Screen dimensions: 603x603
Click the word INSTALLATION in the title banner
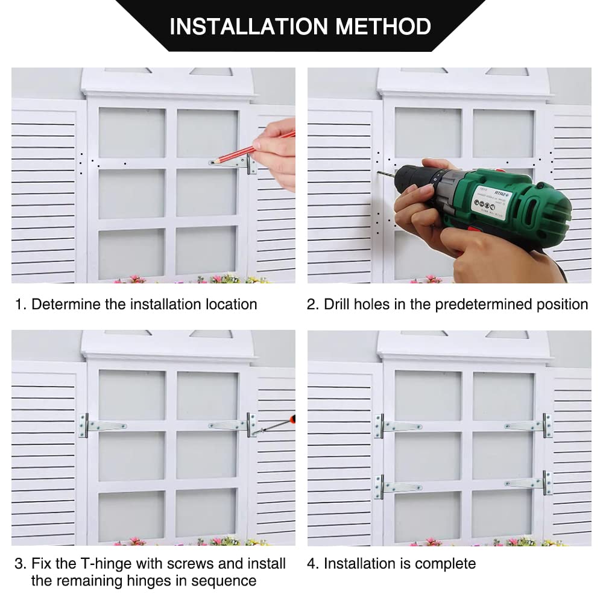[x=249, y=26]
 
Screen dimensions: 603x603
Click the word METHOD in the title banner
[x=383, y=26]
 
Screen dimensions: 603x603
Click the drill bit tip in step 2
[x=378, y=172]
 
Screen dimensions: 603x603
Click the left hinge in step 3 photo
[x=103, y=425]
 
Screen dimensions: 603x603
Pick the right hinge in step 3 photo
[x=233, y=425]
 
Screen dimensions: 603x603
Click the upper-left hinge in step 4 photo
[x=399, y=426]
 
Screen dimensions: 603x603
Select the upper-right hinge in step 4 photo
[x=529, y=425]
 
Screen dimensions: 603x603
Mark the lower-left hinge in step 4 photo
[x=399, y=487]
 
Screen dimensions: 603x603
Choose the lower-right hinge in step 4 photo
[x=529, y=482]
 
